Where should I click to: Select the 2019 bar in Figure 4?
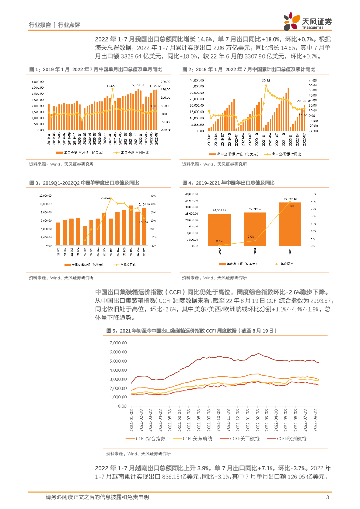click(219, 229)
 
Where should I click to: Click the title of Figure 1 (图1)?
click(94, 69)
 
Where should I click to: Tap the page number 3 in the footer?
click(327, 497)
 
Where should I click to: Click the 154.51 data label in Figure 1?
click(111, 86)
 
